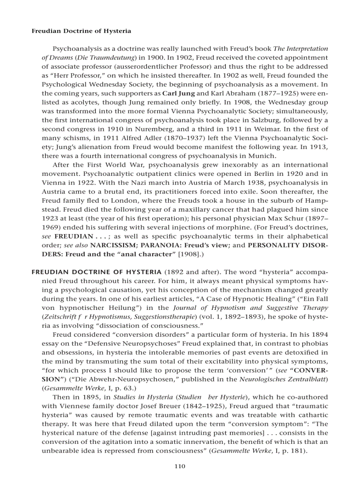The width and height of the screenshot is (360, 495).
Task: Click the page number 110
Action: [180, 466]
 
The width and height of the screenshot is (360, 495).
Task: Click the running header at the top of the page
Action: [81, 31]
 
